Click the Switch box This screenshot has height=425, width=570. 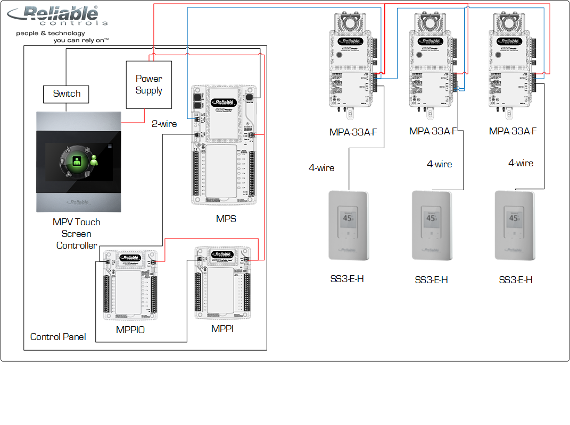[x=67, y=94]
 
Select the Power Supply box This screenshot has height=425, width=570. [x=148, y=84]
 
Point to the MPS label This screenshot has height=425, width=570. [x=226, y=218]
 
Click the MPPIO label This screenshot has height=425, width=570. [x=130, y=330]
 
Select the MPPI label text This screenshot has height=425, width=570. [x=222, y=329]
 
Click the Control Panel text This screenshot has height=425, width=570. [x=58, y=337]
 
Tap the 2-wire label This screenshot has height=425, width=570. [x=164, y=124]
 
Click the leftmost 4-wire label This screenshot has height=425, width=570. [x=321, y=168]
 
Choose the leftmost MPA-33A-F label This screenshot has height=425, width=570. [x=353, y=132]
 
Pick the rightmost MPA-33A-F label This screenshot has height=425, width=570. [x=513, y=131]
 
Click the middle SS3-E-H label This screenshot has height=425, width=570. [x=431, y=280]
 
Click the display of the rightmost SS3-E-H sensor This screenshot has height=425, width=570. [x=514, y=218]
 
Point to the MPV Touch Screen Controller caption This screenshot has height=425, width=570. [x=77, y=234]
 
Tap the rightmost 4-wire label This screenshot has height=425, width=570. [x=521, y=164]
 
